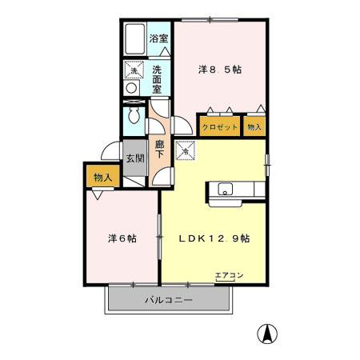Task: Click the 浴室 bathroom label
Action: pos(159,38)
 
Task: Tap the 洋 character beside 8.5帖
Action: pos(203,70)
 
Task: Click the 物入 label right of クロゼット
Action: pos(254,126)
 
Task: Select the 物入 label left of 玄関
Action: pos(101,177)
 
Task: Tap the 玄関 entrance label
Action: pos(134,158)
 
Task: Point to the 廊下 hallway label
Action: pos(160,150)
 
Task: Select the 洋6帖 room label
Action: pos(122,238)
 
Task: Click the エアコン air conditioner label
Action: pos(228,275)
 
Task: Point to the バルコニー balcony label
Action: pos(169,300)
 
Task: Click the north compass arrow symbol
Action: pos(269,333)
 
